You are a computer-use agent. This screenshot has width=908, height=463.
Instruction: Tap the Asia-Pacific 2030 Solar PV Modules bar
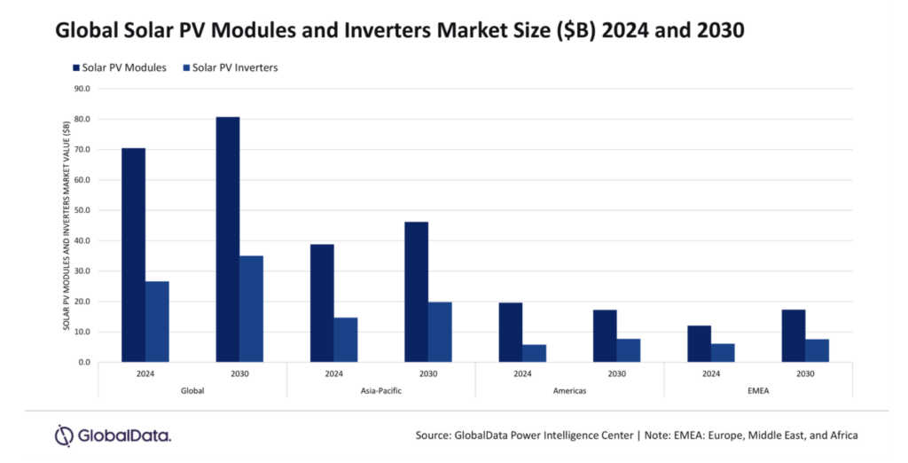[x=416, y=292]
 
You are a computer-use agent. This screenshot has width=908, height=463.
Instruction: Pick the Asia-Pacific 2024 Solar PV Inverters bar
[x=346, y=340]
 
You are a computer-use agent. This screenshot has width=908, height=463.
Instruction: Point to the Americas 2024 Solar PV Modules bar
[x=510, y=333]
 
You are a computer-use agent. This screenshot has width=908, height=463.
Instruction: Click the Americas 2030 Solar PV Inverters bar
[x=629, y=350]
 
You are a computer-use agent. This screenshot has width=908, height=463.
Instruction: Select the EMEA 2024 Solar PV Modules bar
[x=699, y=344]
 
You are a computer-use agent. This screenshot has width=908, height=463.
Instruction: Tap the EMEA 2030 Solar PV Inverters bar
[x=817, y=350]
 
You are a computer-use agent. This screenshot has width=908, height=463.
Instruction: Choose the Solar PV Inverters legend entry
[x=230, y=67]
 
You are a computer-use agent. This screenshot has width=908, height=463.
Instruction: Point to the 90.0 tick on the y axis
[x=82, y=89]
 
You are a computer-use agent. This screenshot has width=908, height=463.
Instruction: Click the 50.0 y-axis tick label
[x=82, y=210]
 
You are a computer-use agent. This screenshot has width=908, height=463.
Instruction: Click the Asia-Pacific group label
[x=380, y=391]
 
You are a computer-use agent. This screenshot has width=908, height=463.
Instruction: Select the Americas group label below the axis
[x=569, y=391]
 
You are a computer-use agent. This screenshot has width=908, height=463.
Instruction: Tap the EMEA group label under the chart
[x=758, y=391]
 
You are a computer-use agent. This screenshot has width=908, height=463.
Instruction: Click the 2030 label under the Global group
[x=239, y=374]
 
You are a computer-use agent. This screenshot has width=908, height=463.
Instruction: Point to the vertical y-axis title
[x=67, y=226]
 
